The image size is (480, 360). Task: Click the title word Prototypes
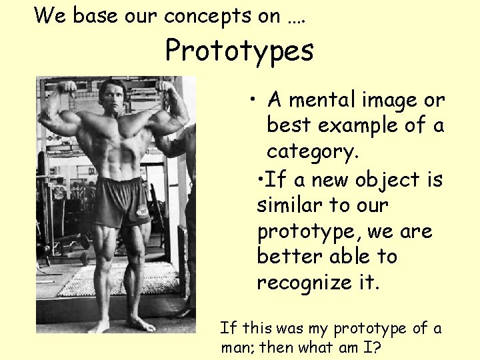point(239,51)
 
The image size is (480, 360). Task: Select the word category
point(313,151)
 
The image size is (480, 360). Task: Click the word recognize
point(302,283)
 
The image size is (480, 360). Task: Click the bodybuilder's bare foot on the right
point(141,325)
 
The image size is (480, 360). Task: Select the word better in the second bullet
point(283,257)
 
